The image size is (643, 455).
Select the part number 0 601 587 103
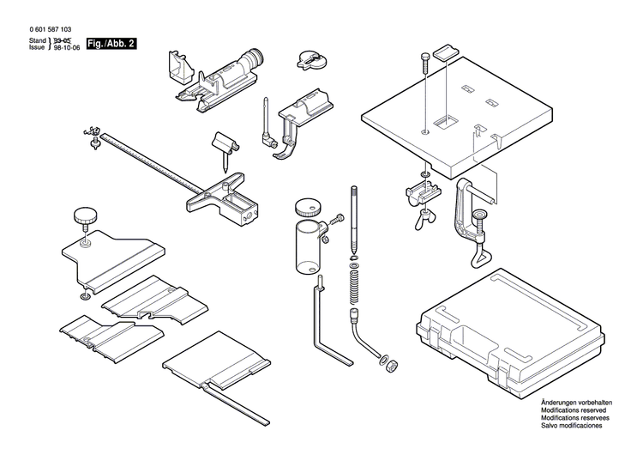[x=51, y=28]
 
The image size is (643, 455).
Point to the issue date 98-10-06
[x=68, y=50]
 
